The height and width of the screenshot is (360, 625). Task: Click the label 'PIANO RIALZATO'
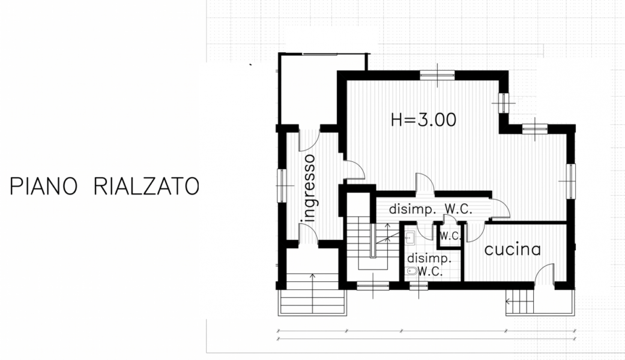(104, 187)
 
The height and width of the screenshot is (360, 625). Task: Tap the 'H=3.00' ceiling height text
(423, 119)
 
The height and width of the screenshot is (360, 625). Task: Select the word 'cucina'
(513, 250)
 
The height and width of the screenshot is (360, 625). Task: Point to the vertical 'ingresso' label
(309, 188)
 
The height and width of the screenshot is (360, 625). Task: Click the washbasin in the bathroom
(409, 238)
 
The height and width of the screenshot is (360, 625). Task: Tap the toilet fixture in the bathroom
(411, 272)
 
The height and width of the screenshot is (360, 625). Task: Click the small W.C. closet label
(450, 236)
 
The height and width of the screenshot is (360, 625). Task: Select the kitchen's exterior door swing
(544, 274)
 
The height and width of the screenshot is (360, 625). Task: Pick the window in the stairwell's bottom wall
(373, 286)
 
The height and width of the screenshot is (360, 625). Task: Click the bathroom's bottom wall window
(418, 286)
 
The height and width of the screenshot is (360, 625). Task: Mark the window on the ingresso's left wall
(282, 185)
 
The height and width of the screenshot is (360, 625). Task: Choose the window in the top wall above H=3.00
(437, 74)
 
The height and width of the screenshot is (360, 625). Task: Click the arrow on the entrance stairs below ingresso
(312, 293)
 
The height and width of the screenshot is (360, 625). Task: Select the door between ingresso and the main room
(354, 170)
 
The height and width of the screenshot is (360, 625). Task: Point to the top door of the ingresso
(309, 140)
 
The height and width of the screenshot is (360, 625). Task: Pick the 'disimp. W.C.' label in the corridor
(430, 209)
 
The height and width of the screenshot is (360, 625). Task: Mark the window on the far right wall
(570, 181)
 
